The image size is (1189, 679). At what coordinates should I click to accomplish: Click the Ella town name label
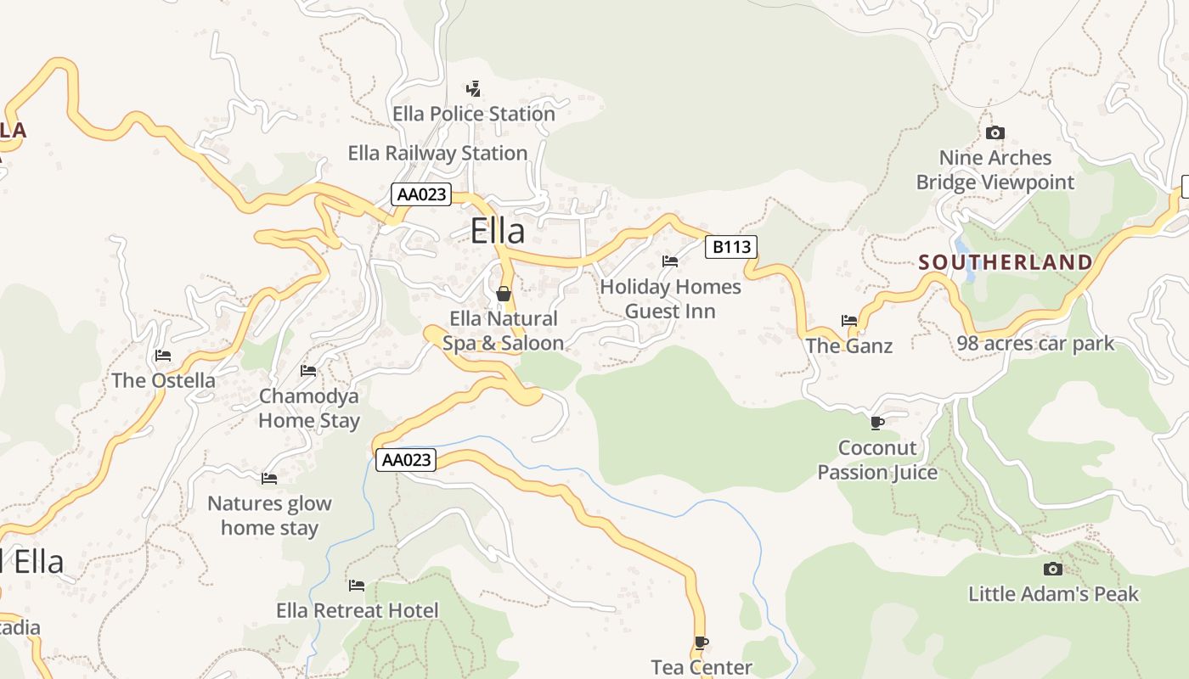[x=498, y=231]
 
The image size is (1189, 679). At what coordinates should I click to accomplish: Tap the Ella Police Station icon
[x=474, y=88]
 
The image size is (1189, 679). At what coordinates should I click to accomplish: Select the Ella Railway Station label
[x=437, y=154]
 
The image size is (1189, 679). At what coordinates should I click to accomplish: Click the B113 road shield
[x=730, y=247]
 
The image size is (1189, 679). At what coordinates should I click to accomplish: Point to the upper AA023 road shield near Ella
[x=421, y=194]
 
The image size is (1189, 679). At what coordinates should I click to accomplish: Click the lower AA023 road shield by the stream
[x=406, y=460]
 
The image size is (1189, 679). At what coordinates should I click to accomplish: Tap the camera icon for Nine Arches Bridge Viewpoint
[x=995, y=132]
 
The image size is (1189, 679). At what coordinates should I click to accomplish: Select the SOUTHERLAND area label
[x=1006, y=262]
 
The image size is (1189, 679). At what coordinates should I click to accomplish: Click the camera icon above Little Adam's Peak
[x=1053, y=569]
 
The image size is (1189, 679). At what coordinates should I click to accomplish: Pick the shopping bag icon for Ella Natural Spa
[x=504, y=294]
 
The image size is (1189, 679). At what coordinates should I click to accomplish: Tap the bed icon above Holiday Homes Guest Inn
[x=670, y=261]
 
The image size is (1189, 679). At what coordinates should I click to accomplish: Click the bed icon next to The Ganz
[x=849, y=321]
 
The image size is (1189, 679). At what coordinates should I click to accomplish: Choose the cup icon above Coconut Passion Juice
[x=877, y=423]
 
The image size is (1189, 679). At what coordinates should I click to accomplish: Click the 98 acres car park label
[x=1035, y=344]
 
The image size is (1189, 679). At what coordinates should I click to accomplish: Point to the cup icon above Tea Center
[x=701, y=643]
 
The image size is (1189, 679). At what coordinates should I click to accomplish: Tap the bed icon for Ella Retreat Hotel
[x=357, y=586]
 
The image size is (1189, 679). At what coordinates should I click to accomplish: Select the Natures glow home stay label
[x=269, y=515]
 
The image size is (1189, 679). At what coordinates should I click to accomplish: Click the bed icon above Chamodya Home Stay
[x=308, y=371]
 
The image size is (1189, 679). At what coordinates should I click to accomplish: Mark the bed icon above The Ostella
[x=163, y=356]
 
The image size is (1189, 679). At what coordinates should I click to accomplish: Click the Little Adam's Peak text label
[x=1053, y=594]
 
